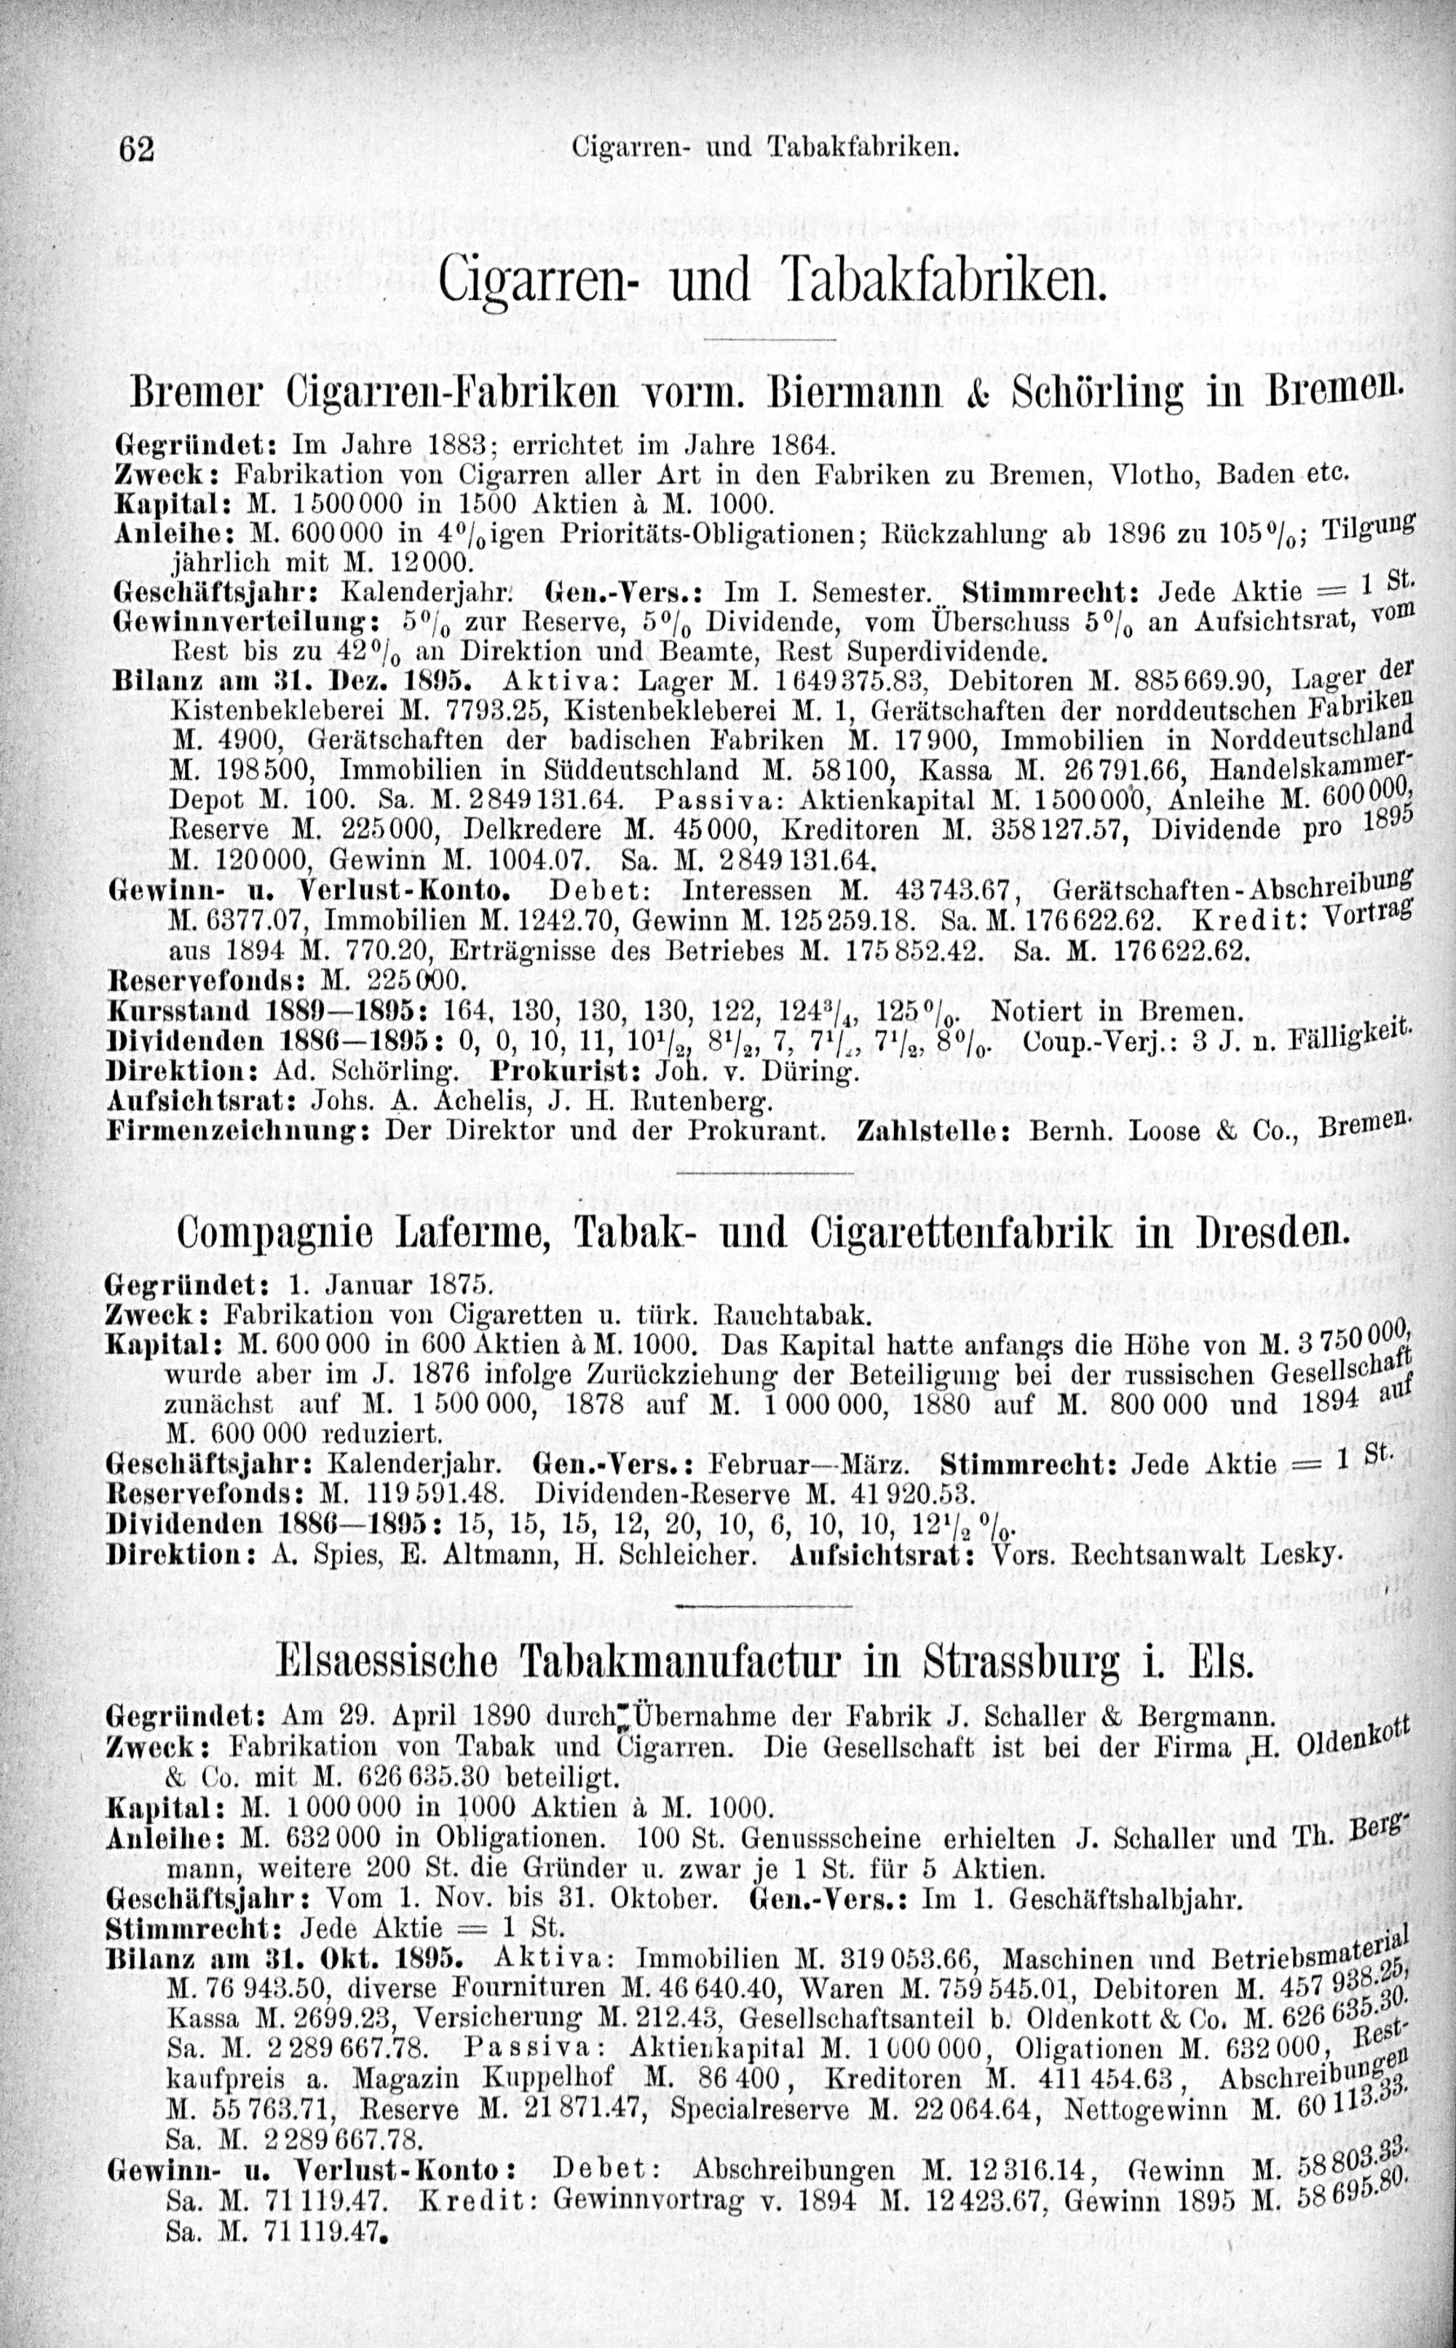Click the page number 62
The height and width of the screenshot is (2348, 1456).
click(x=136, y=149)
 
